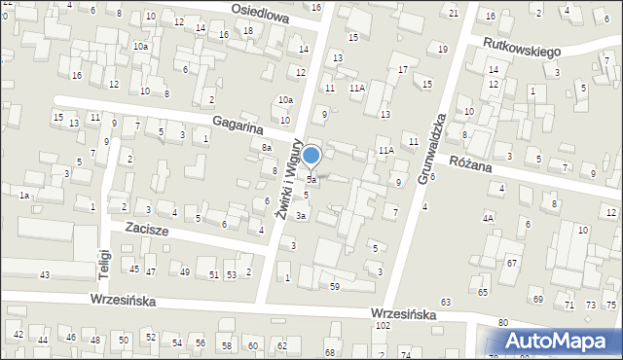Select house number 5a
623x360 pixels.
click(x=311, y=180)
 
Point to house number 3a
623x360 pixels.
click(x=302, y=215)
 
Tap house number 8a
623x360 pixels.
click(x=266, y=147)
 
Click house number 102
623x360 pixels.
click(x=383, y=326)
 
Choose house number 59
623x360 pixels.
click(x=334, y=286)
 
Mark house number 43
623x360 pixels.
click(x=45, y=275)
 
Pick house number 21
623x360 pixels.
click(x=454, y=13)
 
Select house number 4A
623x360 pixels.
click(x=488, y=218)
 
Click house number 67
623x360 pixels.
click(x=511, y=264)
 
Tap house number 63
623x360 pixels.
click(x=446, y=304)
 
